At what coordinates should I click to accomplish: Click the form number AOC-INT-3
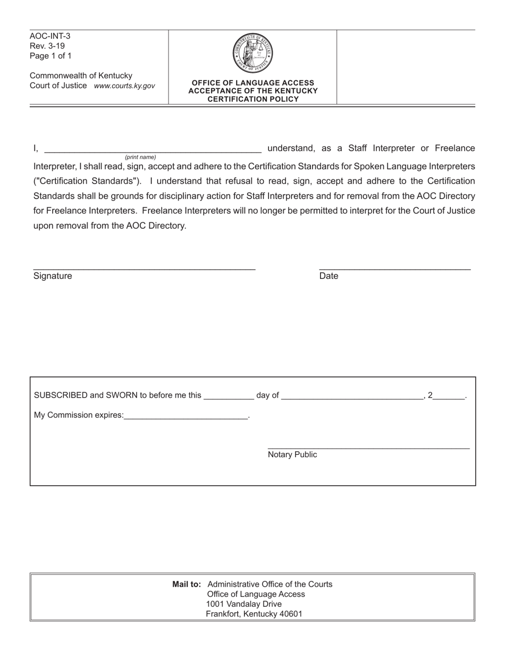pos(50,36)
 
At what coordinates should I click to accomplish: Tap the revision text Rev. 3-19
pos(47,46)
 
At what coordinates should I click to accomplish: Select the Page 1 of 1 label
pos(50,56)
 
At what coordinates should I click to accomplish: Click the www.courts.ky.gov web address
pos(124,85)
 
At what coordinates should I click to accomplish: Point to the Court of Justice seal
pos(252,53)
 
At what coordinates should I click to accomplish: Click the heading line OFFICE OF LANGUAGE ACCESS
pos(252,83)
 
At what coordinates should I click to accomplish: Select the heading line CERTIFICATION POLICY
pos(252,99)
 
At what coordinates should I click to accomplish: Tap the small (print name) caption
pos(140,157)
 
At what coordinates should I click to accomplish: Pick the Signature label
pos(53,276)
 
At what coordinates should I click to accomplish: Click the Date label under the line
pos(329,276)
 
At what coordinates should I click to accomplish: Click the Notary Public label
pos(292,454)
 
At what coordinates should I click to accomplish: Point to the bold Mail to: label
pos(187,584)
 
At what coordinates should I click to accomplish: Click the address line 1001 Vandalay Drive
pos(244,604)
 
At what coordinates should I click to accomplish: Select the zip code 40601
pos(290,614)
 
